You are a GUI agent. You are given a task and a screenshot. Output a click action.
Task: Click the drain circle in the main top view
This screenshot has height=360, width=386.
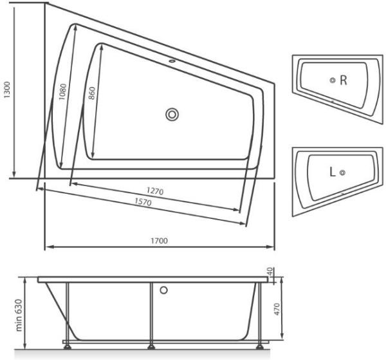tap(172, 115)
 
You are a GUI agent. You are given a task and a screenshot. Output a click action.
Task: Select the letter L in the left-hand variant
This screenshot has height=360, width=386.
tap(332, 172)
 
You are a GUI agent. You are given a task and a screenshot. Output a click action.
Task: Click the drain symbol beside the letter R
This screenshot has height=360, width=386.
tap(332, 81)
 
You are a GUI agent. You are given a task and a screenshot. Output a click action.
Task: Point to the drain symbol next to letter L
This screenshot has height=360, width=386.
tap(343, 172)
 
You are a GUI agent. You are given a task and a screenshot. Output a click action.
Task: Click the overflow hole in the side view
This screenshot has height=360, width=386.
tap(163, 290)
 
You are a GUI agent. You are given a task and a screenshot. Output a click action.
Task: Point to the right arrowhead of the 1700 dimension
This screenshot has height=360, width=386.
tap(272, 247)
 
